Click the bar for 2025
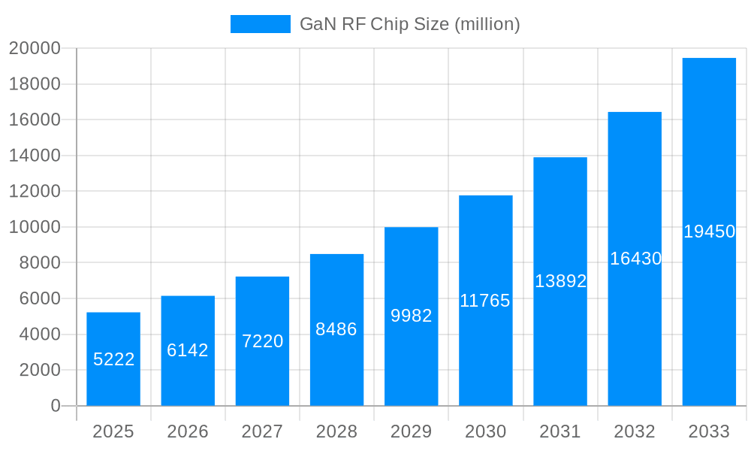113,359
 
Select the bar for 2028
336,330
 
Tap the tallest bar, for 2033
709,232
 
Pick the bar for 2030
485,301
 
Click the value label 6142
188,350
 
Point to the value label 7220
262,341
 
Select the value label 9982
412,316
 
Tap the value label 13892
560,281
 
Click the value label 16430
635,259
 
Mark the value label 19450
709,232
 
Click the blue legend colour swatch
260,24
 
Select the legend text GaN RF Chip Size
409,24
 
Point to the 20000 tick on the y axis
35,48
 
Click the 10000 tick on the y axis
35,227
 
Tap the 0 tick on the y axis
55,406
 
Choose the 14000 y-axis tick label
35,156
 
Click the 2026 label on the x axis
188,431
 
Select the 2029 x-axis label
412,431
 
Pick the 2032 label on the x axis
635,431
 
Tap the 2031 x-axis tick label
560,431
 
